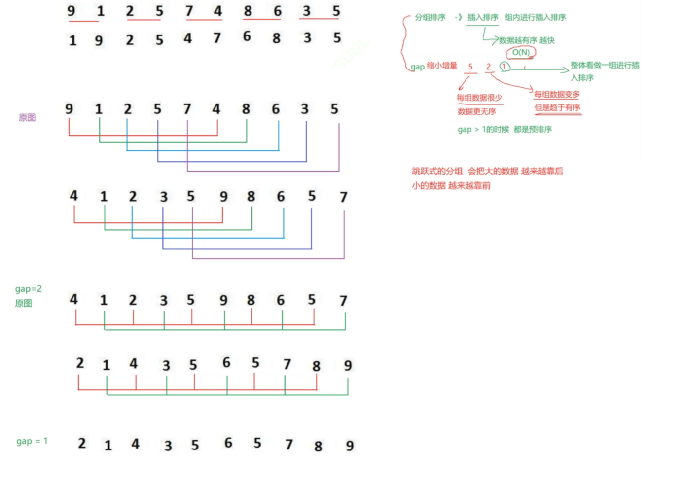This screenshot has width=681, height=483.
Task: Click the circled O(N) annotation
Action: click(521, 52)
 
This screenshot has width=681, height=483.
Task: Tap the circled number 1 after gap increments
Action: click(504, 66)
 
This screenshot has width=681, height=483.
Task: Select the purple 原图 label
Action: click(27, 117)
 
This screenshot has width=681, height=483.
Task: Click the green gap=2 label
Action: click(28, 289)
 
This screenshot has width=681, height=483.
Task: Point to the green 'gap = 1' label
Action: click(32, 441)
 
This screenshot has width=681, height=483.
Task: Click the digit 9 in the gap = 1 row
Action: click(350, 446)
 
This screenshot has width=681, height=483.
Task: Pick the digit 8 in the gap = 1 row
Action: click(318, 446)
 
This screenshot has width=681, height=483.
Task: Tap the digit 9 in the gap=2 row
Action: click(223, 300)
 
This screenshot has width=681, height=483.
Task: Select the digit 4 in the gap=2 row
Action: click(73, 299)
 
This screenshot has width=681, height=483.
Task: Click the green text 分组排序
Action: click(430, 17)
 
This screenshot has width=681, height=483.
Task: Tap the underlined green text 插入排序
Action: click(482, 17)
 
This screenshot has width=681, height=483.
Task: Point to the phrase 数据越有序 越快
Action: click(527, 40)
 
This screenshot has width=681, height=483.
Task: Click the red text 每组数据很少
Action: click(479, 98)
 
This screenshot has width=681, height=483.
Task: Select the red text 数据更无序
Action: click(477, 111)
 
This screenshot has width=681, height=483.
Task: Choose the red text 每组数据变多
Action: click(557, 94)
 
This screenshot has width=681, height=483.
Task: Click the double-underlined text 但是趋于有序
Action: click(557, 107)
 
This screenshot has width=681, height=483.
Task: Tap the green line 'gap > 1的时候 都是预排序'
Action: click(504, 129)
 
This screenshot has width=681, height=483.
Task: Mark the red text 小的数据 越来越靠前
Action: click(451, 185)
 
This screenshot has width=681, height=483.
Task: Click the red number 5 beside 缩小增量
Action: click(470, 67)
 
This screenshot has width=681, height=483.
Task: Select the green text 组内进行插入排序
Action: click(535, 17)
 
